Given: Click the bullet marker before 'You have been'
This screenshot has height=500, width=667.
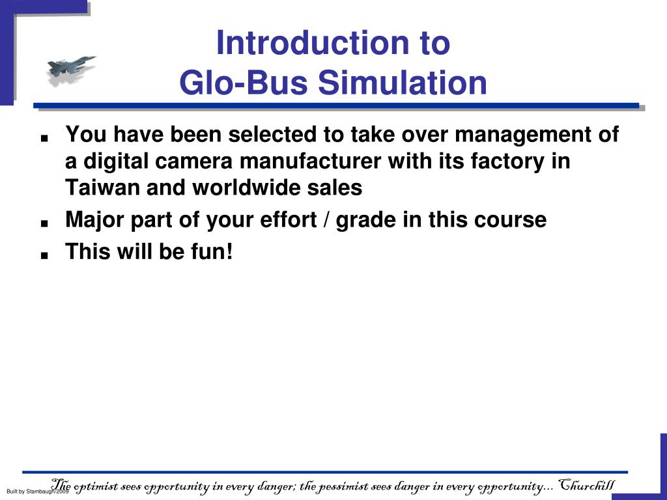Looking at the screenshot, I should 44,139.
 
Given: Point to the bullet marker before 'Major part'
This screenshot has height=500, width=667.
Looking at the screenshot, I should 44,223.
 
